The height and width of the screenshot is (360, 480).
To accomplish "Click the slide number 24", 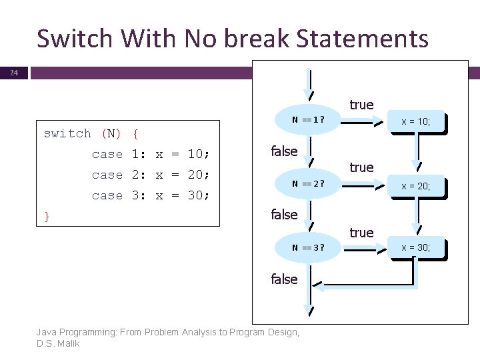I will coord(14,73).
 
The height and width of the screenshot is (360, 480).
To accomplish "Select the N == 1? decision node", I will coord(308,120).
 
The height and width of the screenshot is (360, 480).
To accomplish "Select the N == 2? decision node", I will coord(308,185).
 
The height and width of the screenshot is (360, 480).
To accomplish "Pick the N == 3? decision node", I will coord(308,248).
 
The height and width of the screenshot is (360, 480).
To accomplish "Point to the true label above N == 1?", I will coord(361,105).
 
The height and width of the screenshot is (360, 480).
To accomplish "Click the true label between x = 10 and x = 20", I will coord(361,167).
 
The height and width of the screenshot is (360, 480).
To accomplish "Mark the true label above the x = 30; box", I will coord(361,232).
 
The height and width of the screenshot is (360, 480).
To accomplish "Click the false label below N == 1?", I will coord(283,151).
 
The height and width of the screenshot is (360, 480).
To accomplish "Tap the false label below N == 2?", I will coord(283,214).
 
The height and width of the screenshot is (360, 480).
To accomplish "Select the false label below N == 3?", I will coord(283,279).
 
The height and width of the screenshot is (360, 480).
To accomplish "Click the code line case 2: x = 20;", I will coord(151,175).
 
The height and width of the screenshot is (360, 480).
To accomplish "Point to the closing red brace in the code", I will coord(47,215).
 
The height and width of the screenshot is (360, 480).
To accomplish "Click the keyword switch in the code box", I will coord(67,133).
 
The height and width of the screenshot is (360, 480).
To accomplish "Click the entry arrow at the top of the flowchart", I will coord(308,83).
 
